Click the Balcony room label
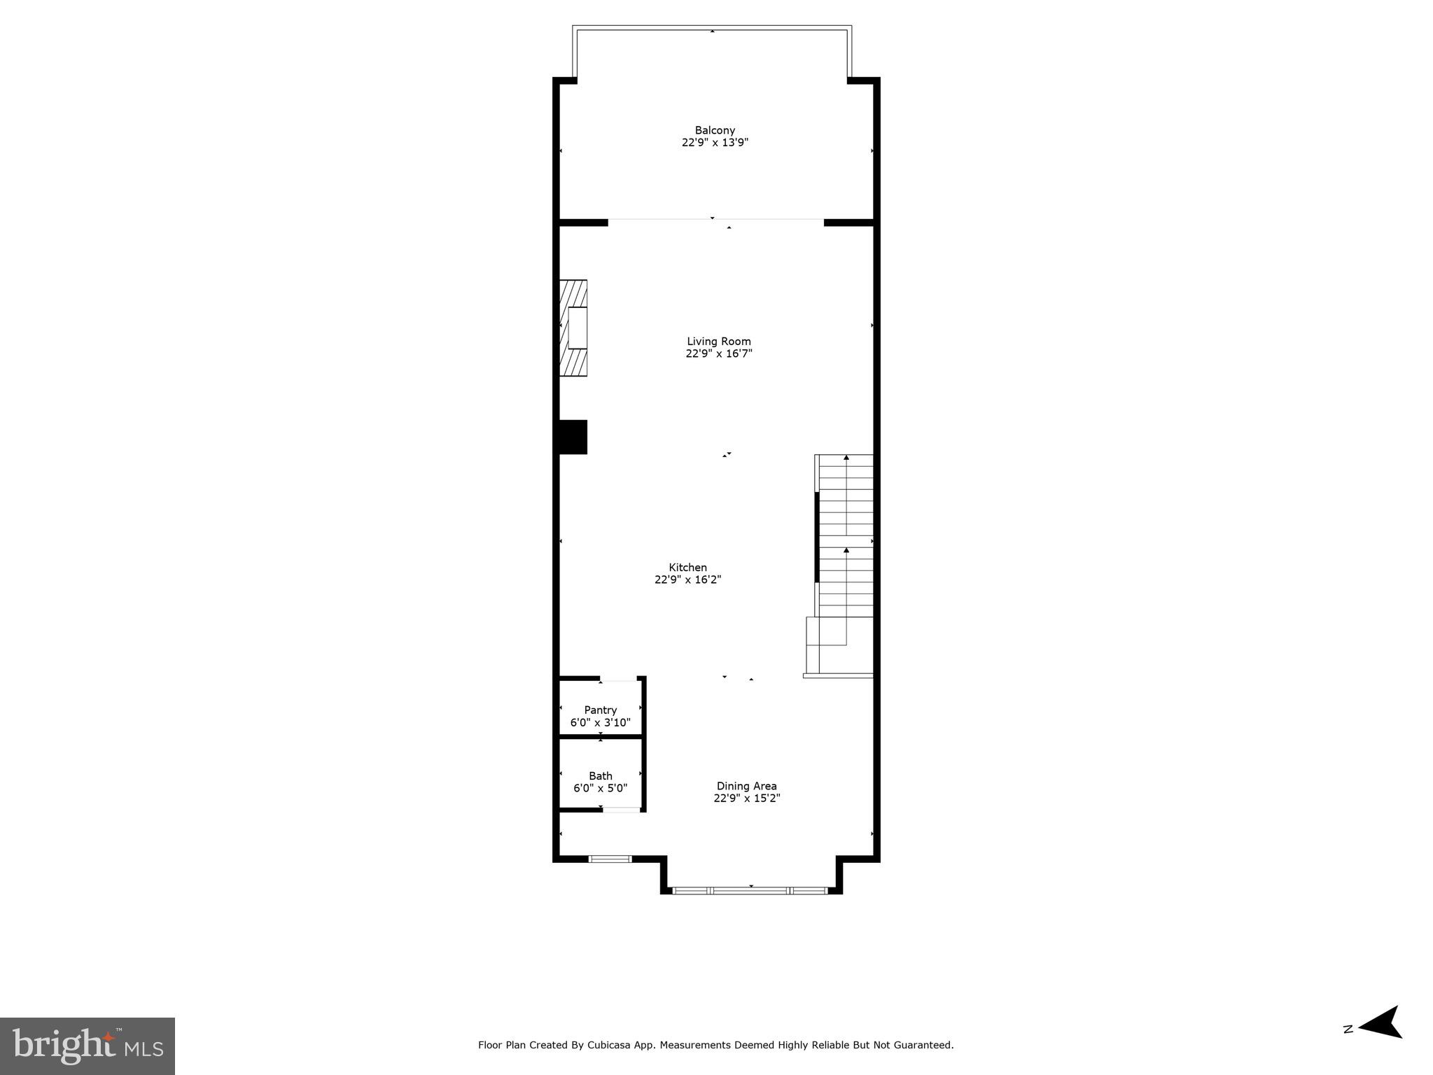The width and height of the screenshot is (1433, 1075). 715,130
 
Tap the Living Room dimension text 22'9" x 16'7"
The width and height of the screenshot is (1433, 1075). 719,354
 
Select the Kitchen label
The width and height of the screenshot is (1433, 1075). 687,568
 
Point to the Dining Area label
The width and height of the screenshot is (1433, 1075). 746,786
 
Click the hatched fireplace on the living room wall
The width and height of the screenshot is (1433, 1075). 573,328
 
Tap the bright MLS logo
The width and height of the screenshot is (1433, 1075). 88,1046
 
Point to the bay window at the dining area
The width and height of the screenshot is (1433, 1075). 750,890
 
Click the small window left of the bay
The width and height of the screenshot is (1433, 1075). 610,859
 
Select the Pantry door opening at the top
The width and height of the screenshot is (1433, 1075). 619,679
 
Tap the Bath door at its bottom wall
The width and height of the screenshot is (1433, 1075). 622,810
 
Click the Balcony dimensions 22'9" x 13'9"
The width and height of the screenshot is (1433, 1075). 715,143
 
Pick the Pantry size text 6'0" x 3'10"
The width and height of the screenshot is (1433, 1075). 601,722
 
